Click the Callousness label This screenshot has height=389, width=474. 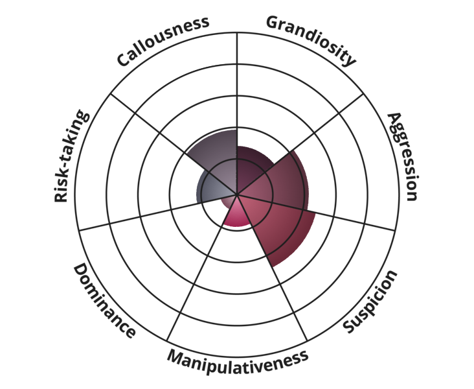163,41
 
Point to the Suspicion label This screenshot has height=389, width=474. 370,302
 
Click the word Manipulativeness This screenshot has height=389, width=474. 238,361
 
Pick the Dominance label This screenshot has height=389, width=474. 104,301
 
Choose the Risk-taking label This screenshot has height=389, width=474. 71,156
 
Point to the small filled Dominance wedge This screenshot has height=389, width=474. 229,202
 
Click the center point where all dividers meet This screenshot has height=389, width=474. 237,194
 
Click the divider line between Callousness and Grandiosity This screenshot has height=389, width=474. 237,113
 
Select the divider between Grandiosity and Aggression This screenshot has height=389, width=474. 300,144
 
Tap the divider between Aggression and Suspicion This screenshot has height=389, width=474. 316,212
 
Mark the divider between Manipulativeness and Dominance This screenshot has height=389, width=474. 202,267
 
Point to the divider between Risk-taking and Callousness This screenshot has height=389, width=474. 174,144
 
